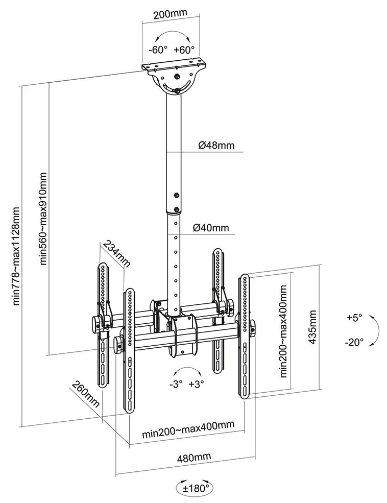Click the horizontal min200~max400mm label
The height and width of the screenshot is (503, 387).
(188, 435)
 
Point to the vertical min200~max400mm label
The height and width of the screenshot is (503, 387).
(283, 331)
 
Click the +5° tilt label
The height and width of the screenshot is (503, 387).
(354, 318)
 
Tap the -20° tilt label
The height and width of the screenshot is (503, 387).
(354, 342)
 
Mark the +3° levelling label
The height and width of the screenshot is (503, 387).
(197, 384)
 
